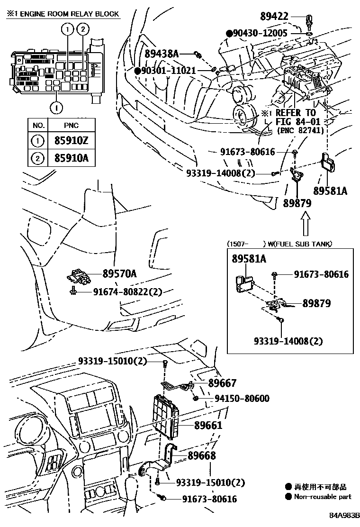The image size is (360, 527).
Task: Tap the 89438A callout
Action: (x=162, y=54)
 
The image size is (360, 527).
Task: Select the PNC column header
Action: (x=72, y=125)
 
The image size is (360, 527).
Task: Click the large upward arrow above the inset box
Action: (x=306, y=225)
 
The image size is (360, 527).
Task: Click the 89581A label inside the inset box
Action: (x=249, y=259)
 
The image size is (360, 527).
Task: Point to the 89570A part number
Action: (x=119, y=273)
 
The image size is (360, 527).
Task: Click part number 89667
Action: (x=222, y=383)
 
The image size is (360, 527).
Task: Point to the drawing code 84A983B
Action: (x=345, y=515)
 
